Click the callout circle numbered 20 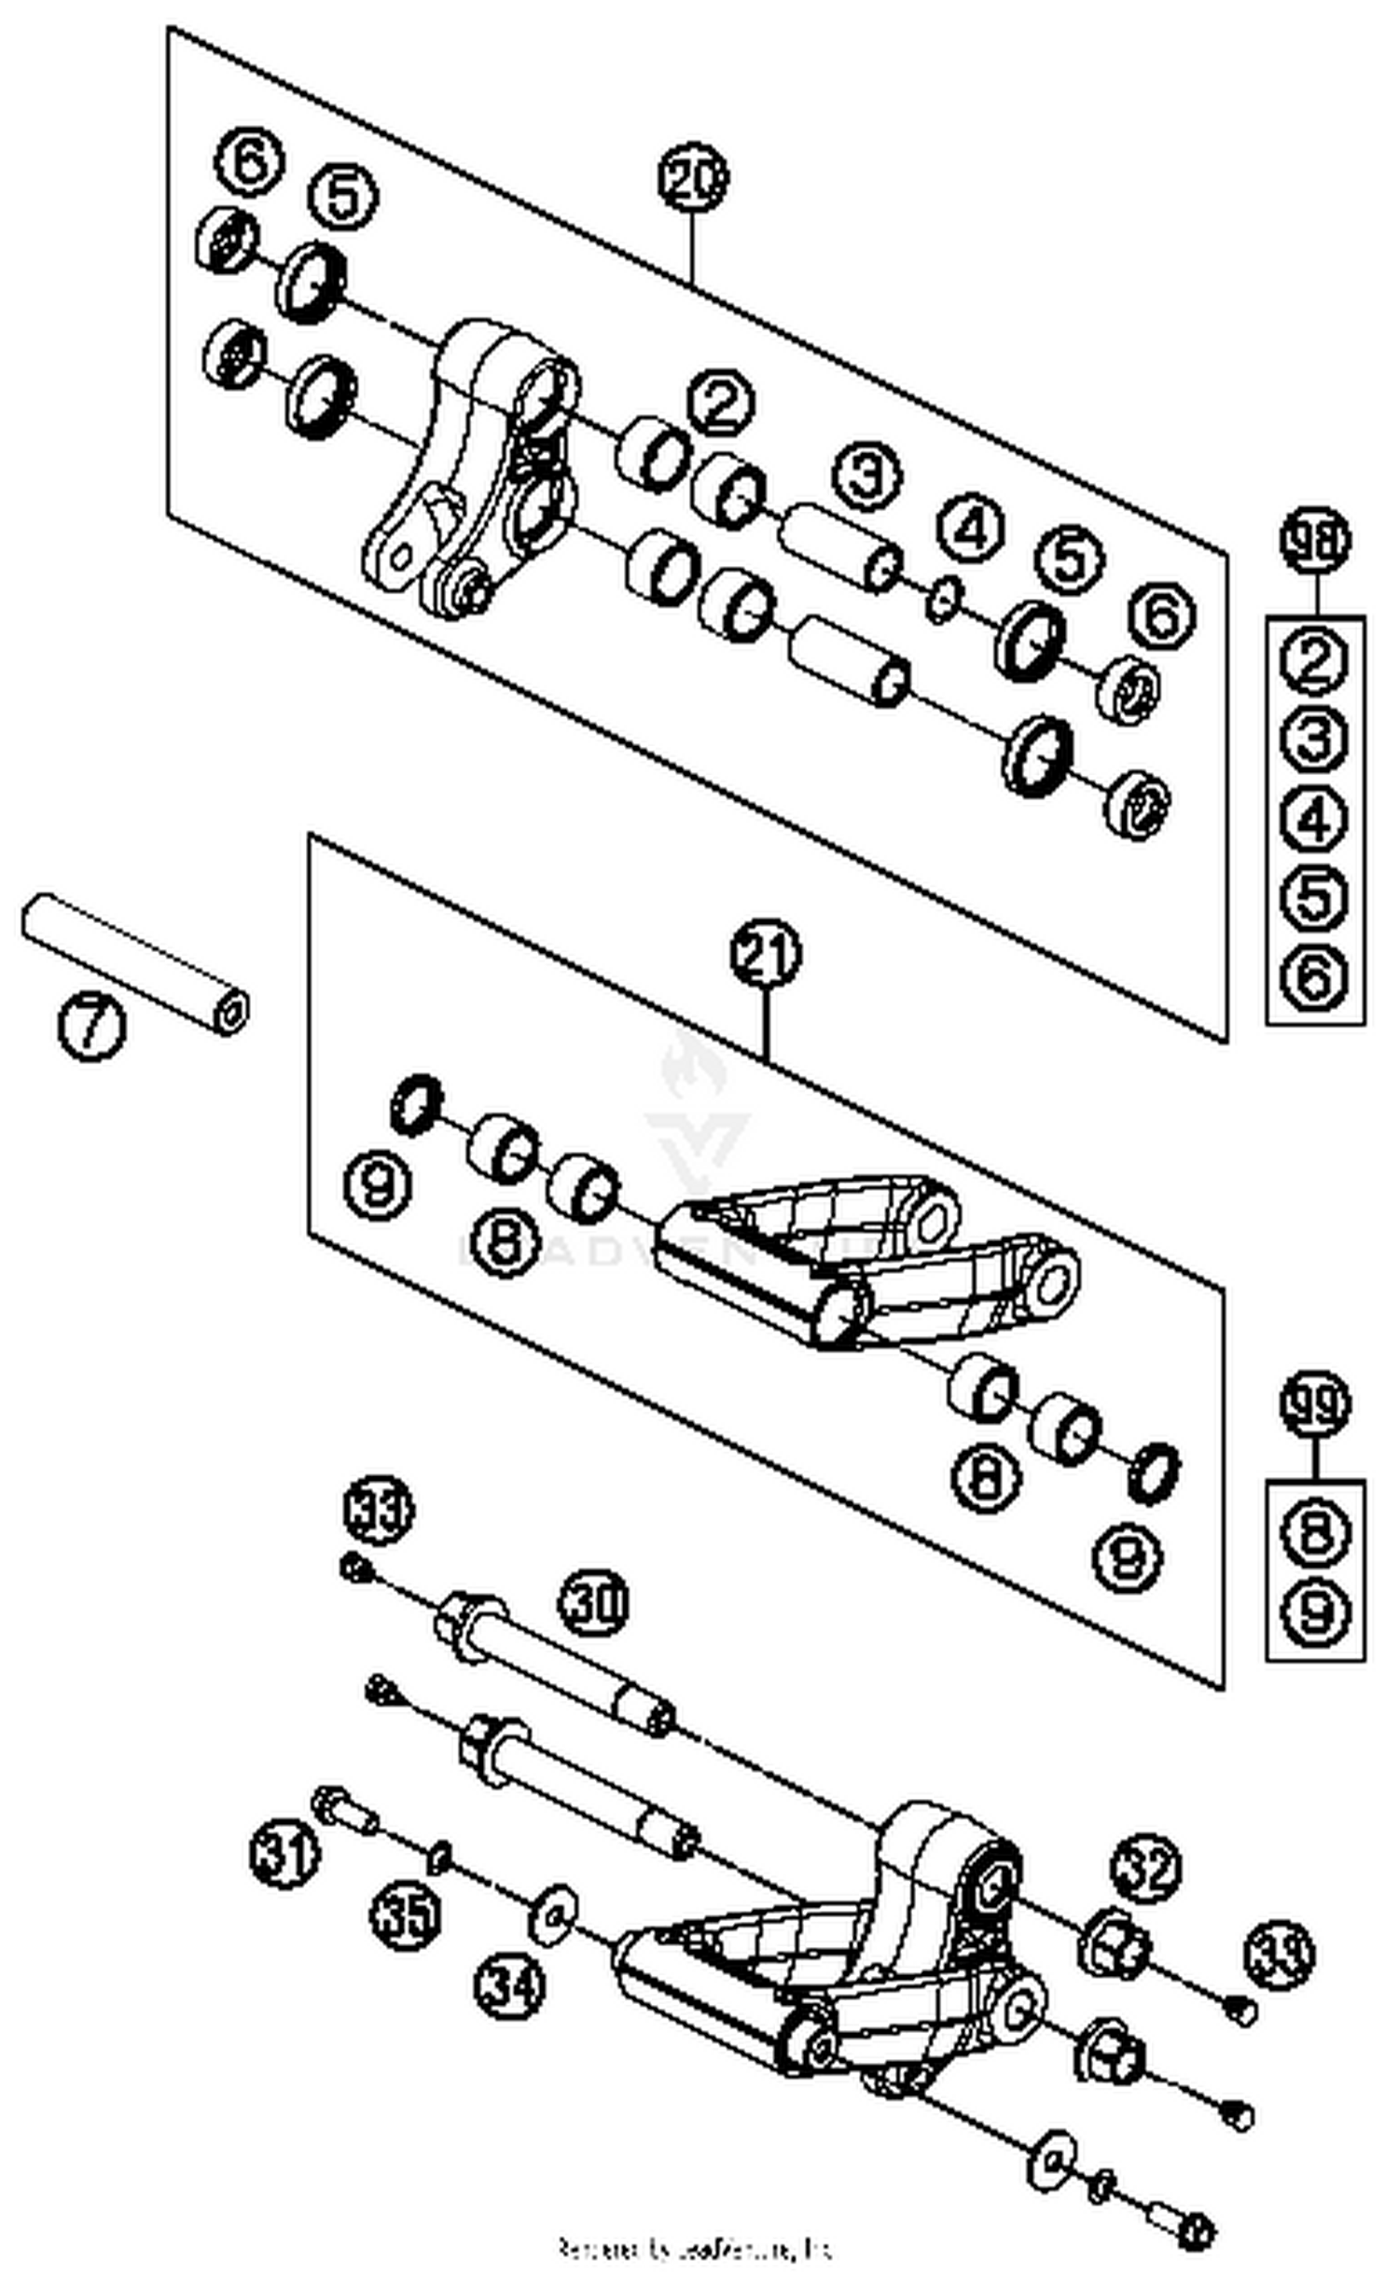[x=692, y=177]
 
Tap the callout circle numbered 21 [x=765, y=953]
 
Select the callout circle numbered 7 [x=90, y=1026]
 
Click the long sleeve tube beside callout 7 [x=135, y=962]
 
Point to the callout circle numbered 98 [x=1315, y=541]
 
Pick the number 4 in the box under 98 [x=1315, y=819]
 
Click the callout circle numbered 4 [x=971, y=530]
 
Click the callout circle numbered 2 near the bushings [x=721, y=403]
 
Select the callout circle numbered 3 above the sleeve [x=866, y=476]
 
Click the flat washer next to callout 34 [x=552, y=1912]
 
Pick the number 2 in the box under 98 [x=1315, y=660]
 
